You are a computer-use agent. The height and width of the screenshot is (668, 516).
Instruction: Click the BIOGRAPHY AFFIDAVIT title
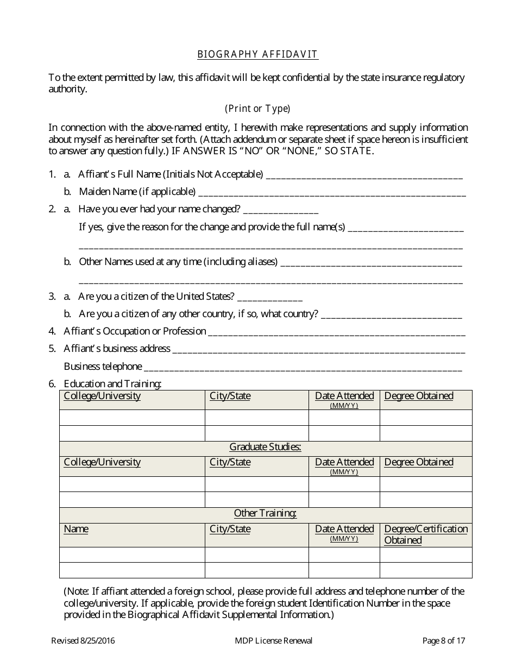click(x=257, y=54)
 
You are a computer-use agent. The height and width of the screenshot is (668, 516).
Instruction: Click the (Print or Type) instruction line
click(x=257, y=109)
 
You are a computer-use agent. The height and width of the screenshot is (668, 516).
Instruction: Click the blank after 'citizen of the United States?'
click(x=270, y=298)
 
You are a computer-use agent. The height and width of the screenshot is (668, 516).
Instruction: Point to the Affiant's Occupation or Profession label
click(x=135, y=331)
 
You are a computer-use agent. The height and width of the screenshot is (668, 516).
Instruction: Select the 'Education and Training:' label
click(x=112, y=384)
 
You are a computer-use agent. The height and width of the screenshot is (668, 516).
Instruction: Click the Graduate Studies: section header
click(x=265, y=447)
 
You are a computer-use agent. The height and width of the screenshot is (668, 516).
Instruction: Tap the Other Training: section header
click(x=265, y=513)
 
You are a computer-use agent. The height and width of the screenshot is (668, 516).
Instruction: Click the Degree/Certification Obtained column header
click(x=425, y=534)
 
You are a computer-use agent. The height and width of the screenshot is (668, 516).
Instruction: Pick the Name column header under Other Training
click(x=76, y=529)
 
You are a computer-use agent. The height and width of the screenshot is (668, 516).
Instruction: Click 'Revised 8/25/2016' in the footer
click(x=83, y=641)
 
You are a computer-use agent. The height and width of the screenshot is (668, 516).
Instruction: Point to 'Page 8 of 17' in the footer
click(x=444, y=641)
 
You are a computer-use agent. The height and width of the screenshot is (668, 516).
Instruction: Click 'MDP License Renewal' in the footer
click(x=270, y=641)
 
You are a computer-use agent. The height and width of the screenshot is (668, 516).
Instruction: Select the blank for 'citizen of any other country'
click(x=392, y=316)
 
